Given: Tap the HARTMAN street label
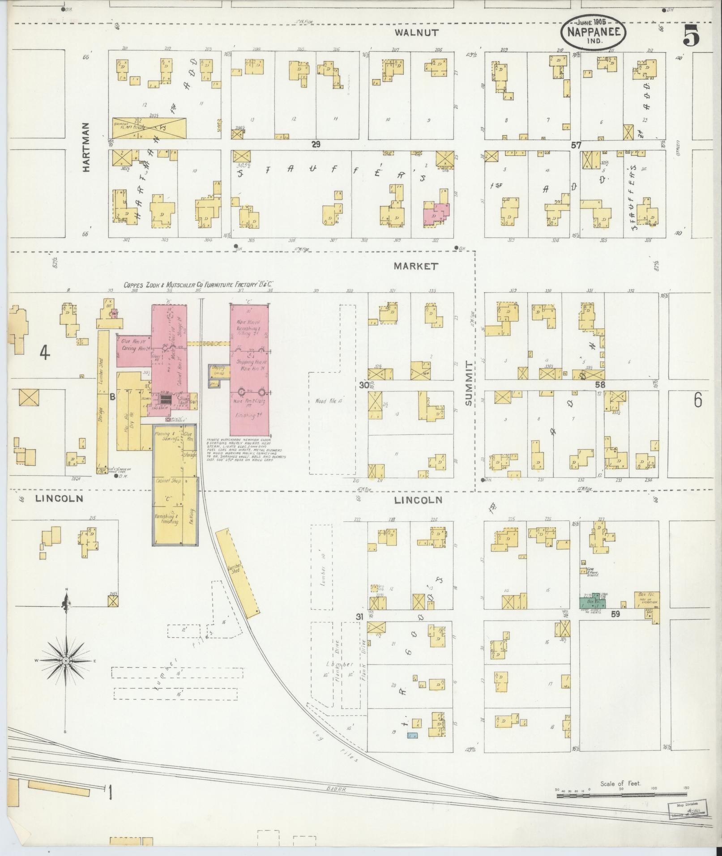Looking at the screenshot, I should (x=86, y=148).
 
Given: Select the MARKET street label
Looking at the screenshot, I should (x=416, y=266).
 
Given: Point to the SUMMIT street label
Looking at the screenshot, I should (x=468, y=383).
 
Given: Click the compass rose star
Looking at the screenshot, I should (x=66, y=661).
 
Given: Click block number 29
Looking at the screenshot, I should (x=316, y=144).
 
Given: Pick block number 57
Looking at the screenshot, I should (x=576, y=145).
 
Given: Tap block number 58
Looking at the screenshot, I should (x=600, y=384).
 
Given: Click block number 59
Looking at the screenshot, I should (x=615, y=614).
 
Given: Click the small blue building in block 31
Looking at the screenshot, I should (x=412, y=735).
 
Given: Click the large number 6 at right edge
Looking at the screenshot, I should (x=698, y=401).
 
